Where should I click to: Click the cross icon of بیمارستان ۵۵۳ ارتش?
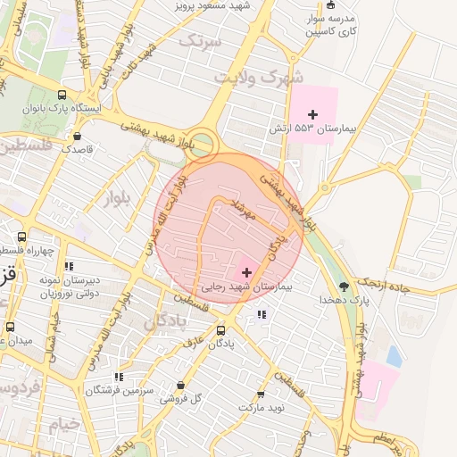click(312, 114)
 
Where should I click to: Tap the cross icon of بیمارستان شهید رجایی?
click(246, 271)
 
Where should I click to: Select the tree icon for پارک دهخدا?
click(344, 287)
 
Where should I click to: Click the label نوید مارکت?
click(260, 407)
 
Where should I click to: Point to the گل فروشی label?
click(180, 398)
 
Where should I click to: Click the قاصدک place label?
click(77, 149)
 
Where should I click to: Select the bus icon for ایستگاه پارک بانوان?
click(62, 95)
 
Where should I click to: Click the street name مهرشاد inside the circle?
click(243, 212)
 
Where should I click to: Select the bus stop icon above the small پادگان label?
click(221, 329)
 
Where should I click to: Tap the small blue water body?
click(394, 356)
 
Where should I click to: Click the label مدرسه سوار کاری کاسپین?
click(331, 24)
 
